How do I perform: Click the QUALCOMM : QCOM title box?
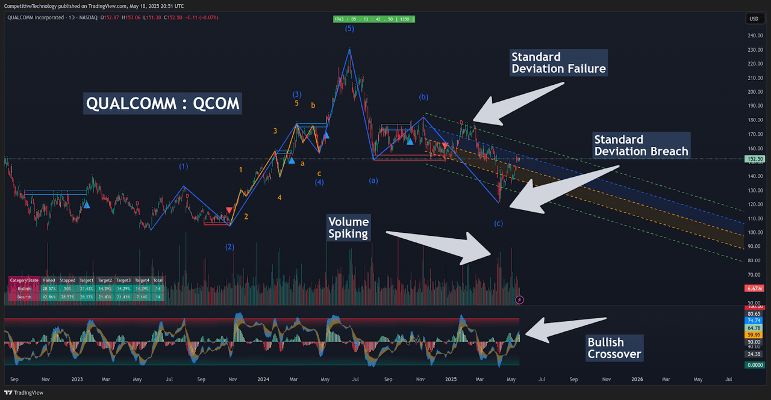tap(163, 103)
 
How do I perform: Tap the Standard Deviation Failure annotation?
tap(558, 63)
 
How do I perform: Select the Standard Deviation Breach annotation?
tap(641, 146)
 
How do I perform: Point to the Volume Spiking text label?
tap(348, 227)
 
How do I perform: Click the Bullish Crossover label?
tap(614, 348)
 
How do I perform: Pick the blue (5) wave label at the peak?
tap(349, 28)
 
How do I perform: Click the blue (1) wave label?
tap(183, 166)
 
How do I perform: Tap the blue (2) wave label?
tap(229, 247)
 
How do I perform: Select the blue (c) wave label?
tap(498, 224)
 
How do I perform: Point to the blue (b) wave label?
tap(424, 97)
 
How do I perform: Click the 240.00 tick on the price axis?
tap(754, 35)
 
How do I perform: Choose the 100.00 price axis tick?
tap(754, 233)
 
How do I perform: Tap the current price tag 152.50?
tap(754, 159)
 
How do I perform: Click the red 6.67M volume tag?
tap(754, 289)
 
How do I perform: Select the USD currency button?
tap(754, 19)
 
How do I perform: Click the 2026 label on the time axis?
tap(637, 380)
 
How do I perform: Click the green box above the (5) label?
tap(375, 19)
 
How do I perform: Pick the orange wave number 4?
tap(279, 197)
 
